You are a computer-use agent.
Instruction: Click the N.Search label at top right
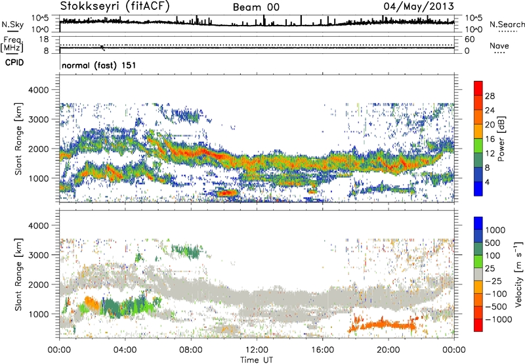pos(503,24)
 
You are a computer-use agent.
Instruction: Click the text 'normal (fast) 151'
pos(98,66)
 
